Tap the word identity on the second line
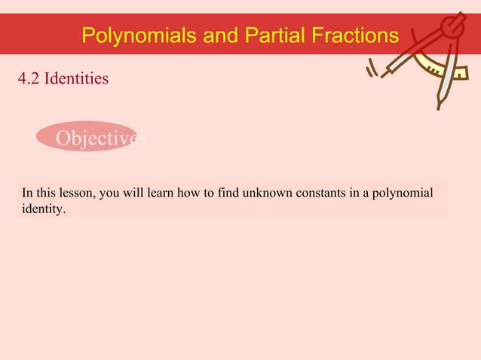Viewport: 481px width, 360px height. click(x=43, y=209)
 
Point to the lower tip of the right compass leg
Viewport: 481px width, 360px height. click(x=439, y=108)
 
